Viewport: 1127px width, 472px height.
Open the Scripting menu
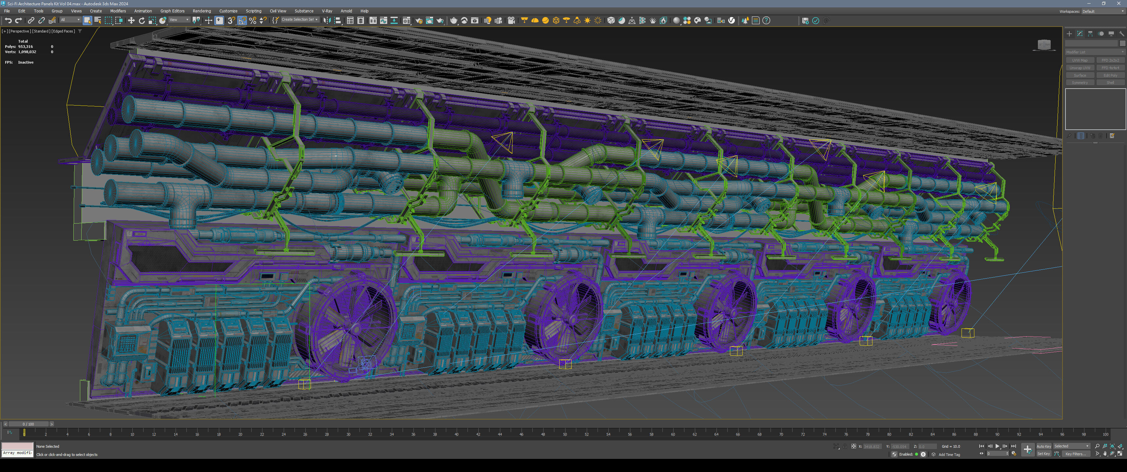click(x=253, y=11)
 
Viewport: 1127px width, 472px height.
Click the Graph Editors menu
click(x=172, y=11)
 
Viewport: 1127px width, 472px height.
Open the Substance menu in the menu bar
click(x=304, y=11)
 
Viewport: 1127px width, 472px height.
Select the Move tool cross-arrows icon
click(x=131, y=21)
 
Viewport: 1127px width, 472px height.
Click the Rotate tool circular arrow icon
click(x=141, y=21)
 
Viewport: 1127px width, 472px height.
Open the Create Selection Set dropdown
click(x=299, y=20)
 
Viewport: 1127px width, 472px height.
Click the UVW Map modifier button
click(x=1080, y=60)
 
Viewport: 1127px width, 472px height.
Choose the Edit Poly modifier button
click(x=1110, y=75)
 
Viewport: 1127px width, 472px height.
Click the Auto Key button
click(x=1043, y=446)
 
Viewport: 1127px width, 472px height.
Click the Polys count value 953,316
click(x=25, y=47)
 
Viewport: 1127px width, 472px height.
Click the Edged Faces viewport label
click(x=63, y=31)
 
